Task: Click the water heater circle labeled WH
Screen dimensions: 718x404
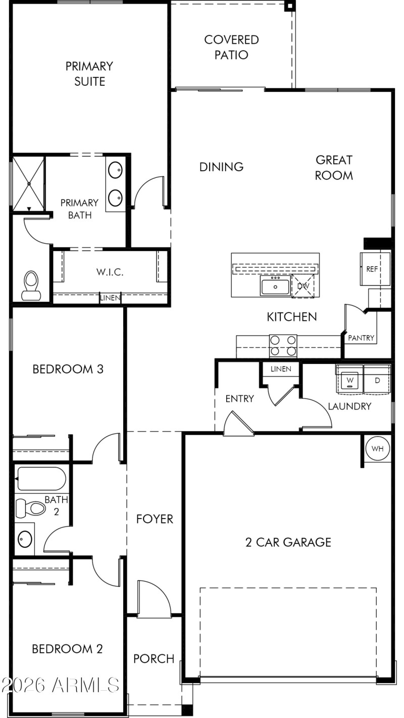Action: (x=377, y=448)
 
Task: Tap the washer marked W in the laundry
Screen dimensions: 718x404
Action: (x=349, y=379)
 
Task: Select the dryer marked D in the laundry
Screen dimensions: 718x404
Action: (x=377, y=379)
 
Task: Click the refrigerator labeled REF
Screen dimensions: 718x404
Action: (x=374, y=269)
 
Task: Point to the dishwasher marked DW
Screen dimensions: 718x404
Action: (x=303, y=286)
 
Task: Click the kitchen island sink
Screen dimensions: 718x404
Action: (x=275, y=286)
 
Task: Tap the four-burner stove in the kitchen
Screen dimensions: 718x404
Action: (x=283, y=346)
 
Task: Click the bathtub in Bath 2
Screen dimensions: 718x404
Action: (x=41, y=478)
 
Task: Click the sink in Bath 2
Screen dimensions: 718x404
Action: (x=25, y=540)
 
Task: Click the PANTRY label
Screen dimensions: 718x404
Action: (x=361, y=338)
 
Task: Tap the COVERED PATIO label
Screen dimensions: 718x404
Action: (x=231, y=47)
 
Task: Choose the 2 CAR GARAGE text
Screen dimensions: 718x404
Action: (x=288, y=542)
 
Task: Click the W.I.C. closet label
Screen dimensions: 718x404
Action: (x=110, y=272)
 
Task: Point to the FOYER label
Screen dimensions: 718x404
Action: (x=155, y=519)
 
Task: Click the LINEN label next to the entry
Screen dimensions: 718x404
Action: (x=281, y=369)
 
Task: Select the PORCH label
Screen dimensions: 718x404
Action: (x=154, y=658)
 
